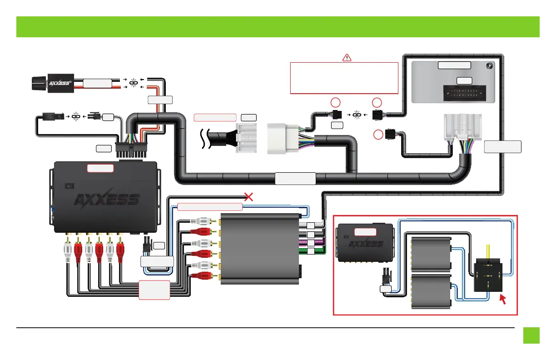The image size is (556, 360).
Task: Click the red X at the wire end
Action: click(248, 197)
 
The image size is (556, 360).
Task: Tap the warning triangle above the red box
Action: click(347, 57)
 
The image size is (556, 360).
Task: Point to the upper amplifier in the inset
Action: click(430, 255)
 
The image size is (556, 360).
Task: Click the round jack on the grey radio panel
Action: click(489, 65)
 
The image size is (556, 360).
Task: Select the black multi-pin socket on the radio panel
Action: click(464, 94)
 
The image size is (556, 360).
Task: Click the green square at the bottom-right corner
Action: click(531, 335)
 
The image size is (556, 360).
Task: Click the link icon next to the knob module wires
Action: click(134, 83)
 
